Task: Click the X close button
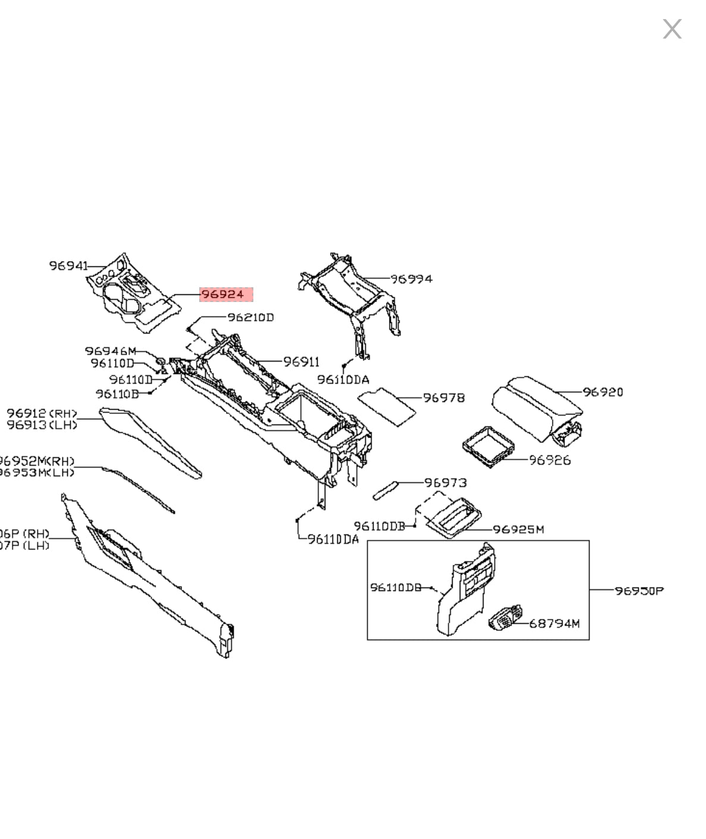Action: pos(672,29)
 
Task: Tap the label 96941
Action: pos(68,266)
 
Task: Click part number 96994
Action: pos(412,278)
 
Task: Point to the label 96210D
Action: pos(250,318)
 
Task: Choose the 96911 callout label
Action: pos(301,362)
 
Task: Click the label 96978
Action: pos(444,397)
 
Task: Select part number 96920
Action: pos(603,392)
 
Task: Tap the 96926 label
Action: pos(550,460)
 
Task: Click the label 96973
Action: pos(445,482)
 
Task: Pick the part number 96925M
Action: pos(518,529)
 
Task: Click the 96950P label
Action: pos(639,590)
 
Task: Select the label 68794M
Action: pos(554,623)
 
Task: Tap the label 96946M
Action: pos(110,351)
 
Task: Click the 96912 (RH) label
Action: pos(42,413)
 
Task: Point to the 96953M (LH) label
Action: pos(37,472)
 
